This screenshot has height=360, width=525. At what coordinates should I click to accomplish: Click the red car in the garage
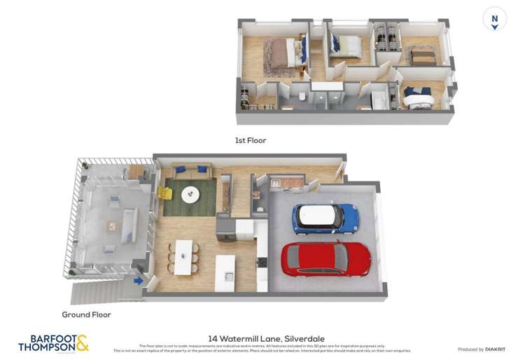[325, 258]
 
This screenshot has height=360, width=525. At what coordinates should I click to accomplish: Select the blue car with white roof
[325, 219]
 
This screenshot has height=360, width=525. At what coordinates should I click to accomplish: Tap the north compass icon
[494, 19]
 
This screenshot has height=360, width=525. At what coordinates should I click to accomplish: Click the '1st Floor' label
[251, 141]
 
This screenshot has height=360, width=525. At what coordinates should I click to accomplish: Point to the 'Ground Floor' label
[86, 314]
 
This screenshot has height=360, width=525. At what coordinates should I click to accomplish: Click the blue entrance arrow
[139, 281]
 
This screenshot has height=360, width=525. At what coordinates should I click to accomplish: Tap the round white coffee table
[190, 194]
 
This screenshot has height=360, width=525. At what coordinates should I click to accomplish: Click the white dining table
[183, 257]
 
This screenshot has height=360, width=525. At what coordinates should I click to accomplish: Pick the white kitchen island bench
[225, 272]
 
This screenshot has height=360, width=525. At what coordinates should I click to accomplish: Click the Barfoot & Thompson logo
[53, 342]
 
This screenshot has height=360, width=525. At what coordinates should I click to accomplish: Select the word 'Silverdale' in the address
[304, 338]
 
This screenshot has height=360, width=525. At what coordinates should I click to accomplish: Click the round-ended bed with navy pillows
[417, 97]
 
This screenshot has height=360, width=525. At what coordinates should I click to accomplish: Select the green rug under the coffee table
[189, 200]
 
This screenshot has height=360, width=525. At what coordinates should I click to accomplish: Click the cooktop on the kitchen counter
[262, 263]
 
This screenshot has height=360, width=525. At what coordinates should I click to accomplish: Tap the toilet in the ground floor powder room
[260, 208]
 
